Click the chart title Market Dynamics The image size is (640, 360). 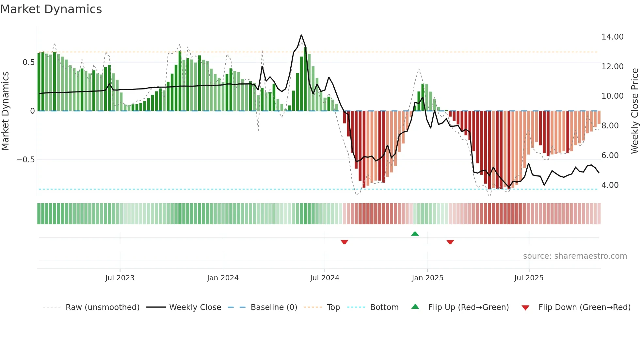[x=51, y=9]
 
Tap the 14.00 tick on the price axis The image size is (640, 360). [x=612, y=37]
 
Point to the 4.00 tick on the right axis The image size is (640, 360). [x=610, y=185]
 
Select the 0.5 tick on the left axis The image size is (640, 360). [x=28, y=62]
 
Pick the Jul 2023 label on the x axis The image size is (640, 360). [x=120, y=278]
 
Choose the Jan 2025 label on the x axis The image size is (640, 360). [x=427, y=278]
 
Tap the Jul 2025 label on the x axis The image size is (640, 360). [x=529, y=278]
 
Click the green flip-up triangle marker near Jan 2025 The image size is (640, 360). [x=415, y=234]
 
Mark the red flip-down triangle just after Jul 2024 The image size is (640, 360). [x=344, y=242]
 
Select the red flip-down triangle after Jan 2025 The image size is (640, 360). [x=450, y=242]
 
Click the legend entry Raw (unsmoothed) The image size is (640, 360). [x=102, y=307]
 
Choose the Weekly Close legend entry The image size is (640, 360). [x=195, y=307]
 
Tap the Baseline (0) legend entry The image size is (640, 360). [x=274, y=307]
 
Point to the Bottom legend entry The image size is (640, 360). [x=384, y=307]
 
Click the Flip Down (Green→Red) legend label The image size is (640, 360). [x=584, y=307]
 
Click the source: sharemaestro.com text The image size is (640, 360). [x=575, y=256]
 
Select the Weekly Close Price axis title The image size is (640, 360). [x=634, y=111]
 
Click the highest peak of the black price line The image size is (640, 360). [x=301, y=35]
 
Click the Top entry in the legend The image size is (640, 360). [x=333, y=307]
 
